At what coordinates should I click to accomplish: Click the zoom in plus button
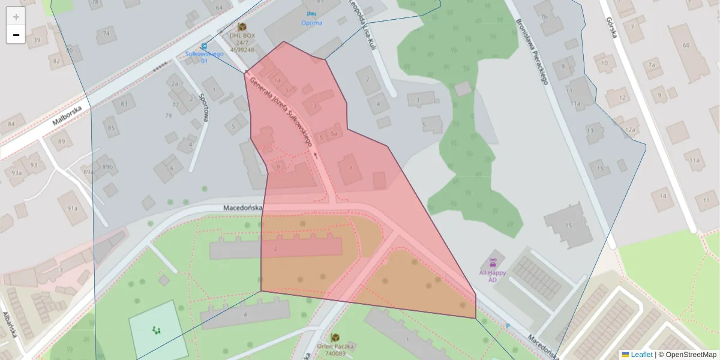[x=16, y=17]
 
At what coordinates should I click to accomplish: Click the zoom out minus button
[x=16, y=35]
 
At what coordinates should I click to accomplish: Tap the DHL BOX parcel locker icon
[x=242, y=27]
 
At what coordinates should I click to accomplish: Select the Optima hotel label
[x=311, y=23]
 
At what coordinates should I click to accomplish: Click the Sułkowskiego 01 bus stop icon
[x=205, y=46]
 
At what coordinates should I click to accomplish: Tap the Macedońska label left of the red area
[x=243, y=208]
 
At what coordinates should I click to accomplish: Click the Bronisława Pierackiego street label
[x=532, y=52]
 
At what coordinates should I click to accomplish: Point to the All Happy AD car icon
[x=493, y=262]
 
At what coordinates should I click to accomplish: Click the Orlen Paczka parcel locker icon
[x=335, y=338]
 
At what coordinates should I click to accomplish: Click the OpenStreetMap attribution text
[x=691, y=355]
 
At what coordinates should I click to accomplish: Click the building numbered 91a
[x=73, y=208]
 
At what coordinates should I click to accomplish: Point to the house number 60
[x=686, y=46]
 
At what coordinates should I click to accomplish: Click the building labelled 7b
[x=544, y=17]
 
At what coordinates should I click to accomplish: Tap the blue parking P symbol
[x=508, y=326]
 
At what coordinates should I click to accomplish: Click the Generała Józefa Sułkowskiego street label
[x=281, y=112]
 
